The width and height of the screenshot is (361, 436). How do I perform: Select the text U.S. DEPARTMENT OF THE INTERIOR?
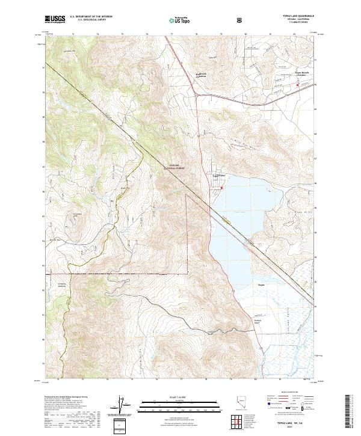pyautogui.click(x=91, y=17)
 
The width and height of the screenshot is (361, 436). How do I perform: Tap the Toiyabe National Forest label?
pyautogui.click(x=174, y=168)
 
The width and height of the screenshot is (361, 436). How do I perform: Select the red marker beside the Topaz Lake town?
pyautogui.click(x=221, y=187)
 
